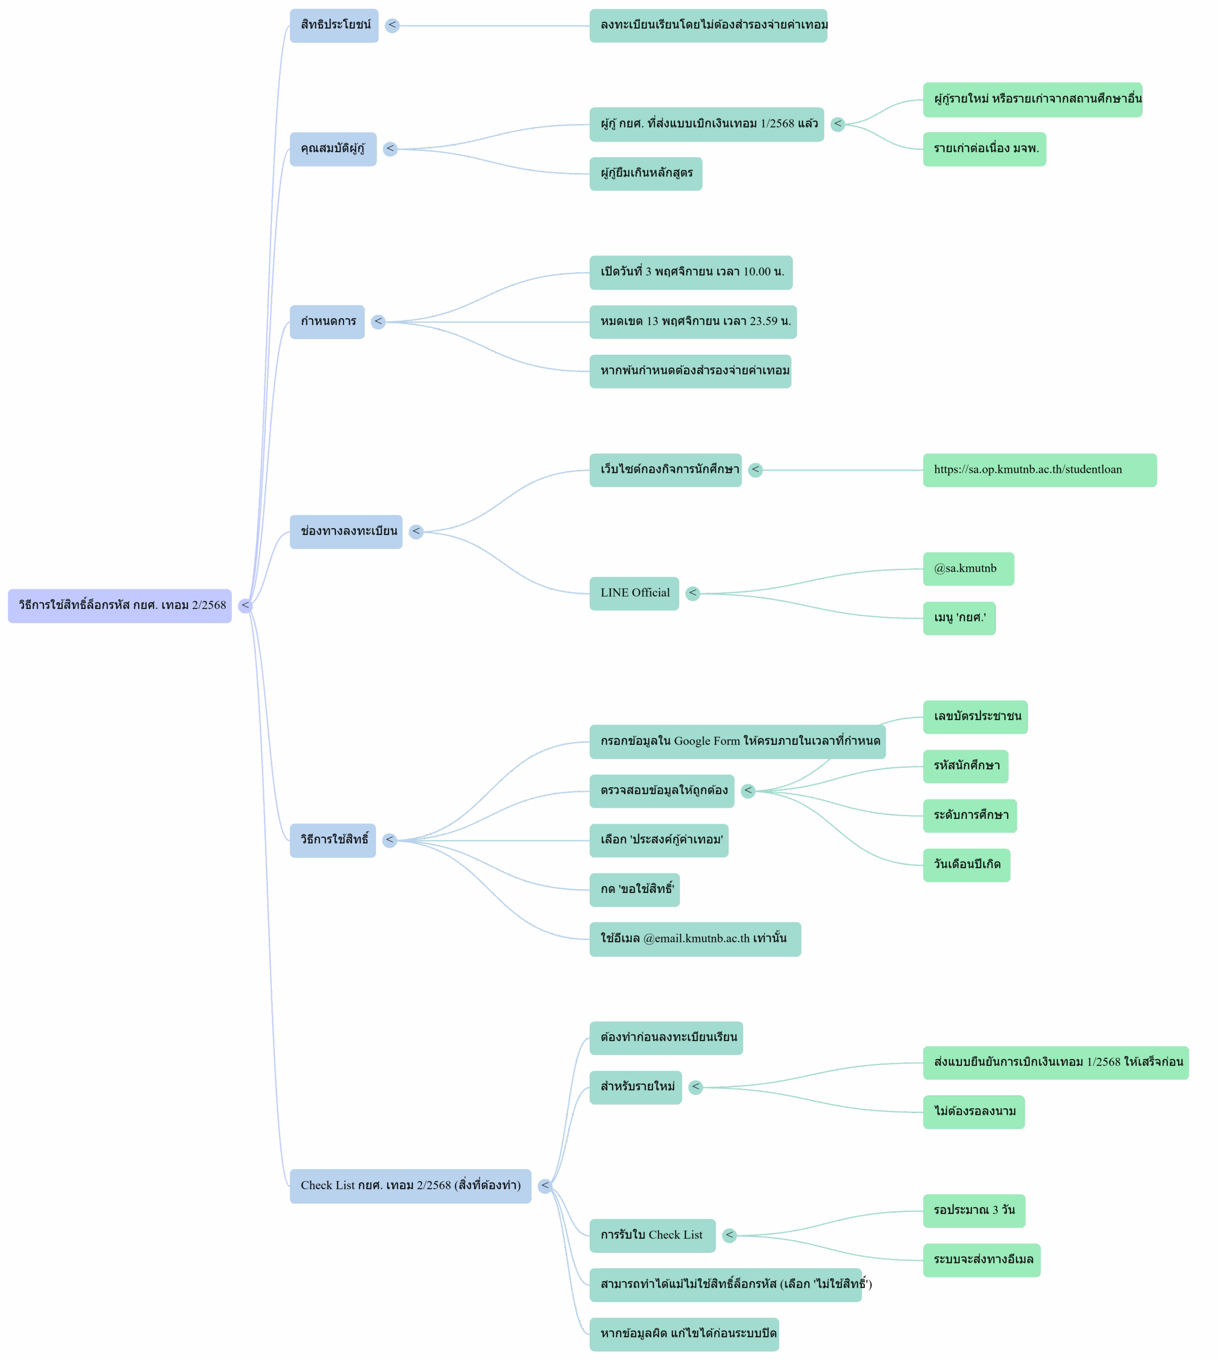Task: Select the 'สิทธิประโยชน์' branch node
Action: tap(335, 25)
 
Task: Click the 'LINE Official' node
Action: tap(635, 593)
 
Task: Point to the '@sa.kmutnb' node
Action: tap(968, 568)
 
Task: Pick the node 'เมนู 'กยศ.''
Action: tap(959, 617)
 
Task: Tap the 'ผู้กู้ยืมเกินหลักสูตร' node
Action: tap(646, 173)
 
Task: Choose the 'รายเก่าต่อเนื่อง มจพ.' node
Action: tap(985, 149)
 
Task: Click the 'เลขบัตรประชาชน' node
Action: tap(976, 717)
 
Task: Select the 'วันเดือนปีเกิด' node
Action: tap(967, 864)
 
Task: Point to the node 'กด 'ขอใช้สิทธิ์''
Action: tap(636, 889)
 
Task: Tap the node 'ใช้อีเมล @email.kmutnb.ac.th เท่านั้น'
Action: tap(694, 939)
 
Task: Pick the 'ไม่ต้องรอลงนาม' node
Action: tap(975, 1112)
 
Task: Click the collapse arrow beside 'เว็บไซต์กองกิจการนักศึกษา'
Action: tap(756, 470)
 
